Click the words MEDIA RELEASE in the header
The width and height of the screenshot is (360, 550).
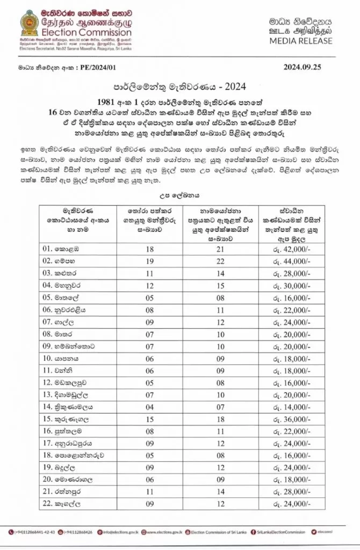point(301,40)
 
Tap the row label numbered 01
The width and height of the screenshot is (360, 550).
point(63,249)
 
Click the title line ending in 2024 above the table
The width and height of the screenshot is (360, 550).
point(179,86)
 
